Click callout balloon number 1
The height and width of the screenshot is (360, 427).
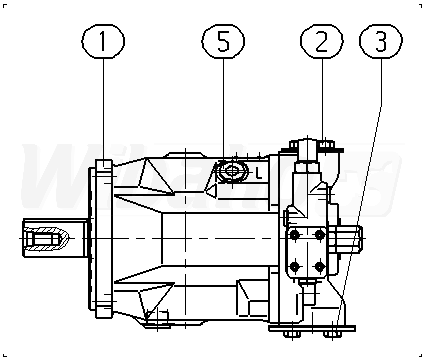coord(103,41)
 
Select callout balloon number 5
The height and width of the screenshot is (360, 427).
coord(223,41)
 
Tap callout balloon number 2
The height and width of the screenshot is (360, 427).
coord(322,41)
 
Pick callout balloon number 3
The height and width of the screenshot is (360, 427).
coord(381,41)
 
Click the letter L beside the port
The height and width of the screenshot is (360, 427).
coord(259,173)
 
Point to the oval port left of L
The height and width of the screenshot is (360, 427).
coord(232,171)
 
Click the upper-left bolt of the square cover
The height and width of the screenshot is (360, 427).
coord(294,235)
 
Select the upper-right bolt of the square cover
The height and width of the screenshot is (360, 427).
coord(320,235)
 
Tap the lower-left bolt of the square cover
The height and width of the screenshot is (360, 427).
coord(294,267)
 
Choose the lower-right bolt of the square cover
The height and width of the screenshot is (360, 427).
coord(320,267)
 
